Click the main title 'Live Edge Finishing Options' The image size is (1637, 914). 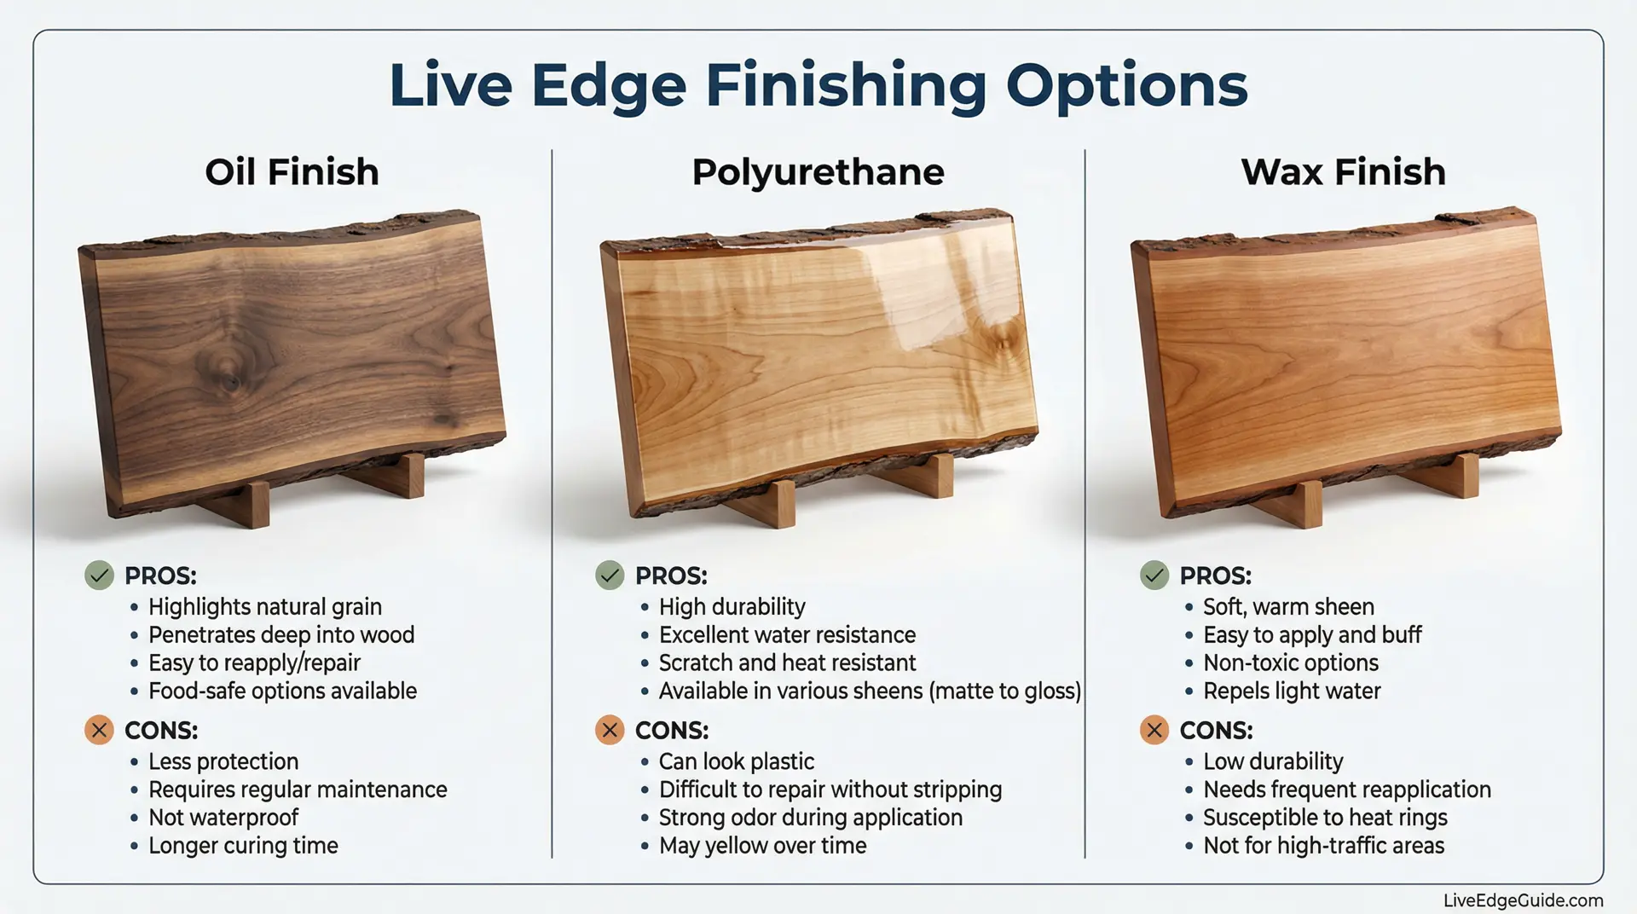tap(818, 86)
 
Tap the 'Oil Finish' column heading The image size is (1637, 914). tap(292, 172)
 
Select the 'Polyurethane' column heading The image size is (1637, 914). tap(818, 173)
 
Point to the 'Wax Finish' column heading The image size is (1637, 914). tap(1344, 172)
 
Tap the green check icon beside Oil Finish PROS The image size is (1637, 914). tap(99, 576)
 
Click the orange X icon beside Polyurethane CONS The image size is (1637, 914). tap(610, 731)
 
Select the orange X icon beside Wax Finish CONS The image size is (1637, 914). tap(1154, 731)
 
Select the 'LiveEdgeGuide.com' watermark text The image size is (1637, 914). tap(1524, 900)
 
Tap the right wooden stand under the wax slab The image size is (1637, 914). tap(1451, 474)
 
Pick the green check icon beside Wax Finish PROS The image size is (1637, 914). tap(1154, 576)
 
